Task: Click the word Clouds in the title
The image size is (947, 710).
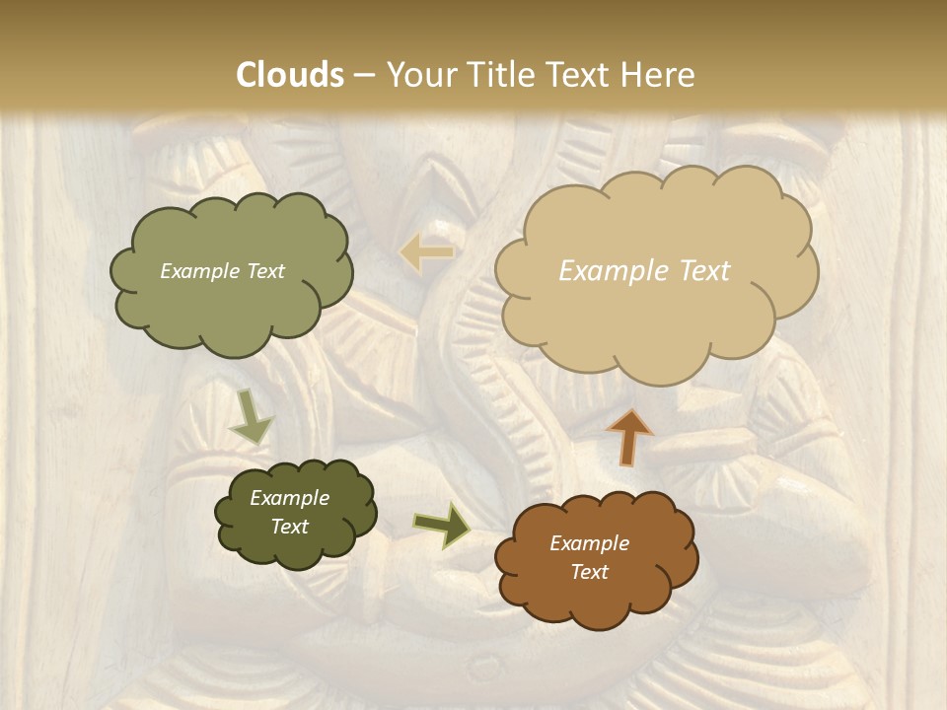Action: [x=289, y=75]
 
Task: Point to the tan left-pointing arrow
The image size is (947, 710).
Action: [x=426, y=252]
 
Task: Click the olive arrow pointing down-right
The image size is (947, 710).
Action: [x=252, y=417]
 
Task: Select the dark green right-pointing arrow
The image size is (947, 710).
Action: [x=442, y=525]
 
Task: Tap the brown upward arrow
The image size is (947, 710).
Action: [x=628, y=437]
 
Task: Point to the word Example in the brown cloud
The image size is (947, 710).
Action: [x=589, y=543]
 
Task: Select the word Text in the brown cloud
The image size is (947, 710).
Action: [x=589, y=572]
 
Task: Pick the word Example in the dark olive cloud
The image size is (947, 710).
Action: [x=289, y=498]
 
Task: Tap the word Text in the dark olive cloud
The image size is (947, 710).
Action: [x=289, y=527]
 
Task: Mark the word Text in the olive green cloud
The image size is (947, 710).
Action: [x=264, y=271]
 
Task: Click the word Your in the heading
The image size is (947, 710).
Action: [x=415, y=75]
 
